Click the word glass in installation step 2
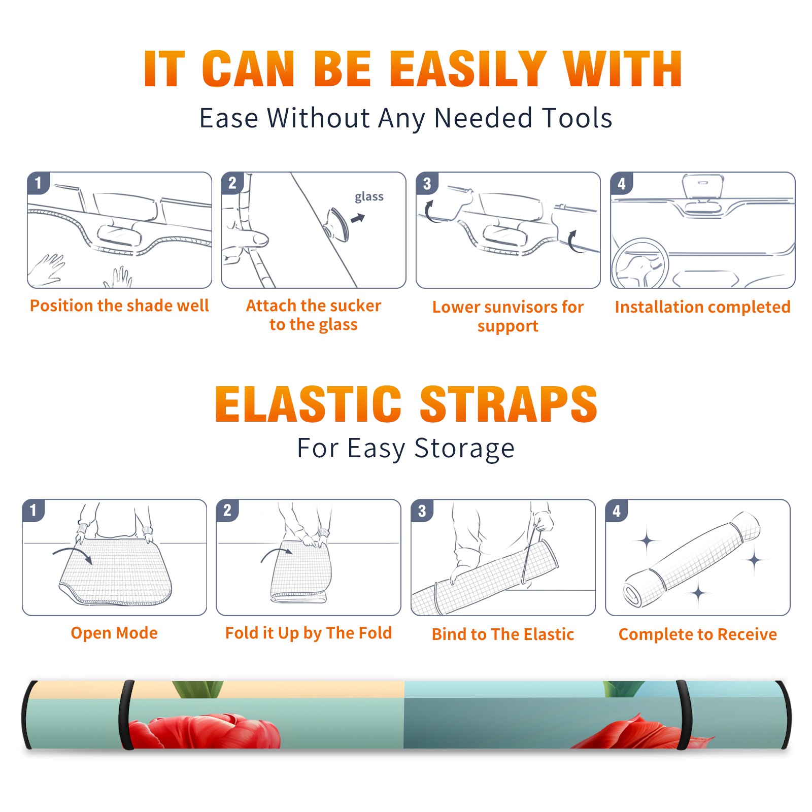tap(369, 197)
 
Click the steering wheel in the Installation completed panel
tap(640, 263)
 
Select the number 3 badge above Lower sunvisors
tap(427, 183)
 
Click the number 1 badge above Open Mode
tap(33, 510)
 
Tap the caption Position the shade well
tap(119, 306)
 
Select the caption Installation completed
tap(702, 307)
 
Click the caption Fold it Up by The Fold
tap(309, 633)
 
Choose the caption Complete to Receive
tap(698, 634)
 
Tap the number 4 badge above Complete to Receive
tap(617, 511)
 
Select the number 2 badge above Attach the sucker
tap(232, 183)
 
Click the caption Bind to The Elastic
tap(503, 634)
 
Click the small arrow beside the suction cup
tap(358, 218)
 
